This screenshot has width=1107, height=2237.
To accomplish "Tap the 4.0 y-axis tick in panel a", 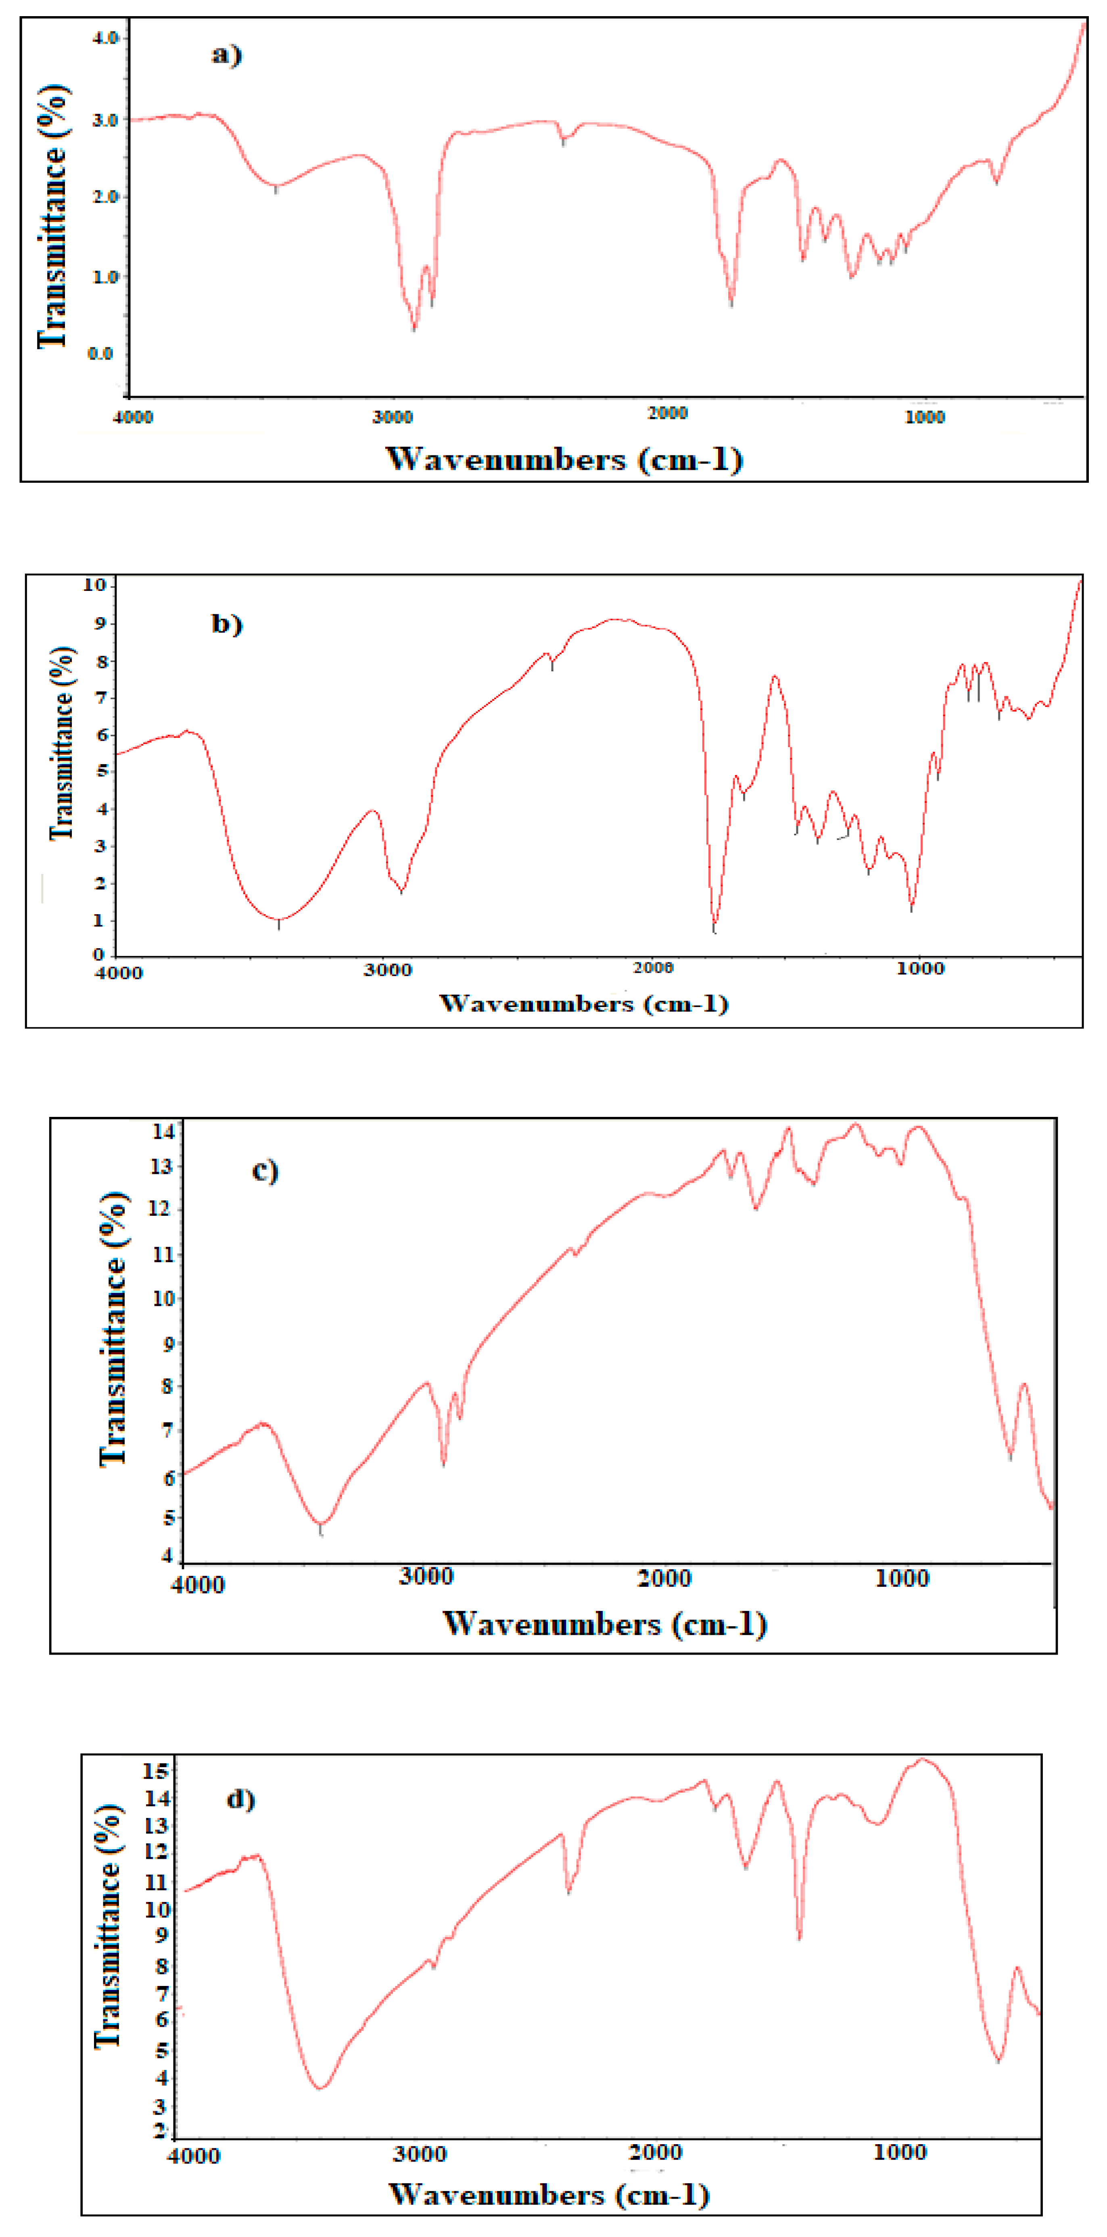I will click(105, 38).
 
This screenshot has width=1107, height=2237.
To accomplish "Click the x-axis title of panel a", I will click(564, 459).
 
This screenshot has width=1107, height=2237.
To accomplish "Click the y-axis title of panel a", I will click(52, 217).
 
